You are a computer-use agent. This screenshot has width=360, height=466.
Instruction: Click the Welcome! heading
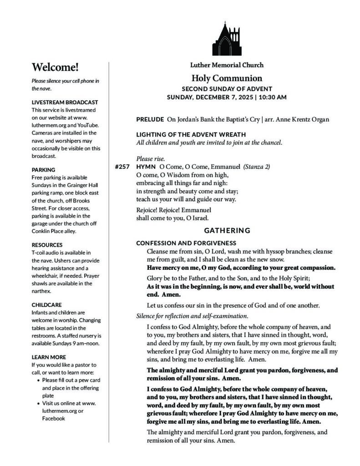55,67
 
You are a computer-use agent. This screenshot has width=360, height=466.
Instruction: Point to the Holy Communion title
227,78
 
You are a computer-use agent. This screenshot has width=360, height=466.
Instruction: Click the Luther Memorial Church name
227,65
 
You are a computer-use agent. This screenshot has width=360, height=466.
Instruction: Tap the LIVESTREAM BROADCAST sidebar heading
65,102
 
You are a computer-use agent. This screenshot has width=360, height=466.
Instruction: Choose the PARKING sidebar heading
43,170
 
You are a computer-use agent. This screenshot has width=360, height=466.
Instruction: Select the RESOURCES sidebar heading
47,245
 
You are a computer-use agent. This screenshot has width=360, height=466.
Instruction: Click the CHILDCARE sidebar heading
46,304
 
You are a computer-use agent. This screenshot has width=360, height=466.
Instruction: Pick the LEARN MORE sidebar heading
49,357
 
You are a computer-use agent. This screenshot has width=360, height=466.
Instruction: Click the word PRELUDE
150,119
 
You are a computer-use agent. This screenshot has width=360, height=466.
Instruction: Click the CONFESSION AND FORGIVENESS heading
186,243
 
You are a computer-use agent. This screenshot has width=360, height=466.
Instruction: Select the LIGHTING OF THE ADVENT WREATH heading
191,134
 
